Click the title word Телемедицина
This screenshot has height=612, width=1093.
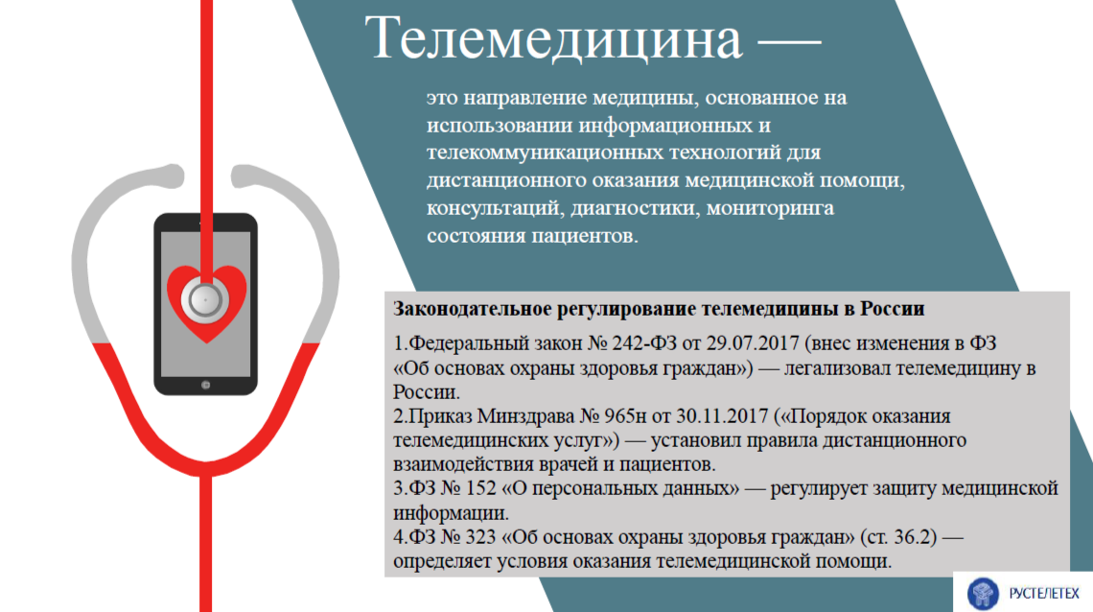pos(554,38)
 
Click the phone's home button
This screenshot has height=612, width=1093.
pos(205,385)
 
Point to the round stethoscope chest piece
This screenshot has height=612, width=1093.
pos(205,300)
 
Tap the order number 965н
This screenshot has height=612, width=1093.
pos(626,416)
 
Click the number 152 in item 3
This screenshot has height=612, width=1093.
pos(480,488)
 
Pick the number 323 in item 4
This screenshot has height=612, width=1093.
pos(479,537)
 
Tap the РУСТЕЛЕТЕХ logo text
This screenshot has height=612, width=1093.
pos(1043,594)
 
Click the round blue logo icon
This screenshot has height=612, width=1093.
pos(983,594)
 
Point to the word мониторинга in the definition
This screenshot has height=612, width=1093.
pos(770,208)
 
